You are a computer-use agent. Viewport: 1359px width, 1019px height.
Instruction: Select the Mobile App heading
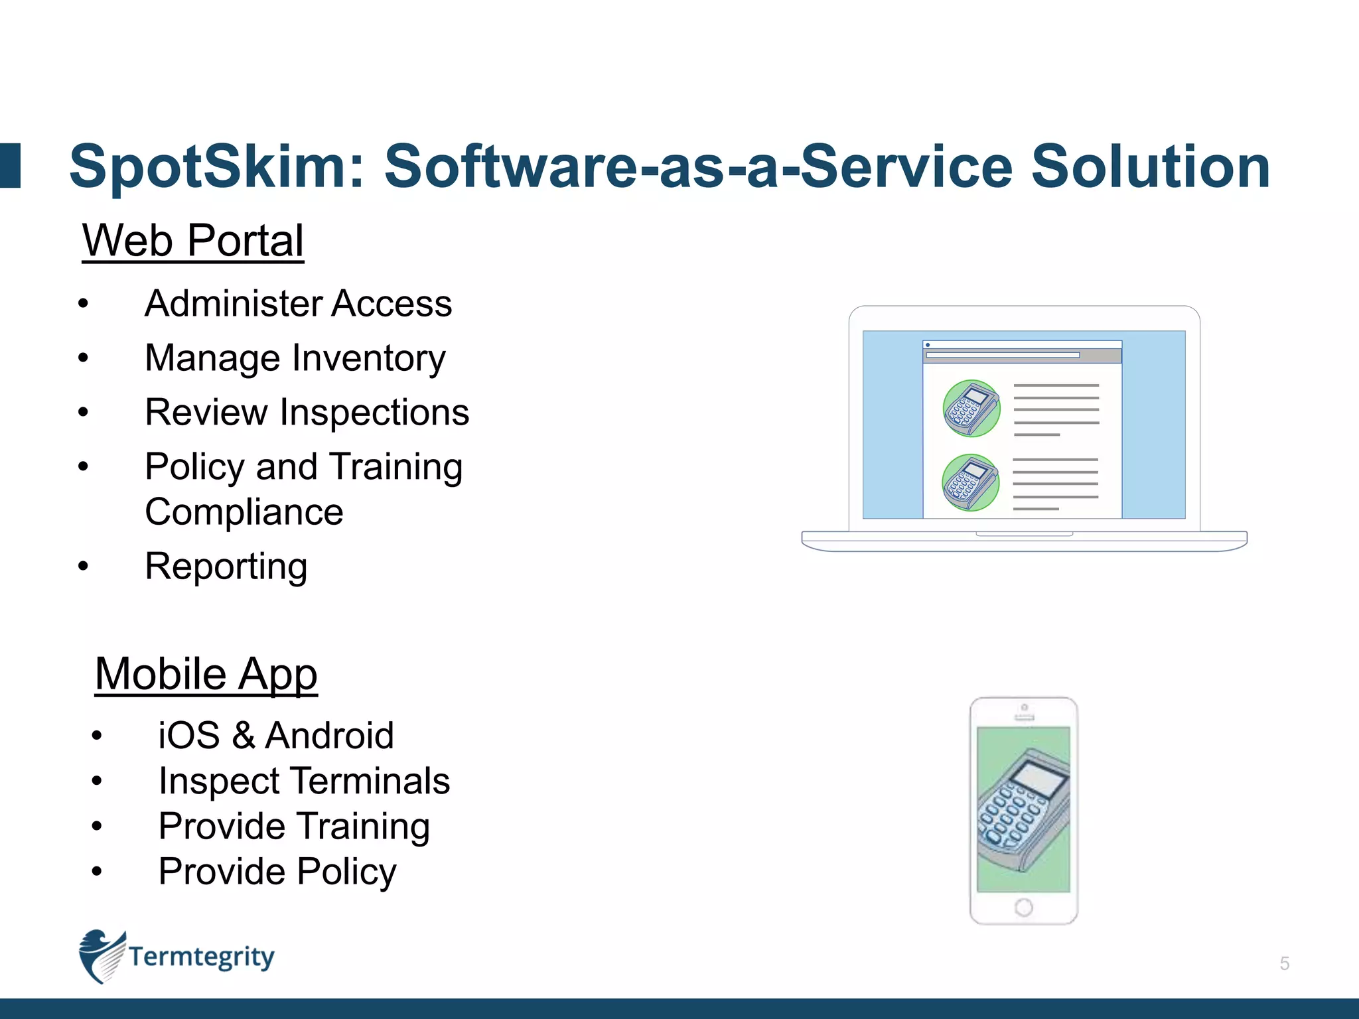206,674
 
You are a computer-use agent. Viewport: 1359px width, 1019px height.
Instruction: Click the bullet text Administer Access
298,304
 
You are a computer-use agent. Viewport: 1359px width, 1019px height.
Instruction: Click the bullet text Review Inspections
307,413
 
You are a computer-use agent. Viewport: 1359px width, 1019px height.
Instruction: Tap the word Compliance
244,512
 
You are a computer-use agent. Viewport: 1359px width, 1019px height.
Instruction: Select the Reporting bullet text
226,567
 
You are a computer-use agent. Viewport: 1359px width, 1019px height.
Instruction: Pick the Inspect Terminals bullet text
304,781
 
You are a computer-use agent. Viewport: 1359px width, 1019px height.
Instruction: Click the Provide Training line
294,827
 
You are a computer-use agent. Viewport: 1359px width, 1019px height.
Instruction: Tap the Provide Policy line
277,872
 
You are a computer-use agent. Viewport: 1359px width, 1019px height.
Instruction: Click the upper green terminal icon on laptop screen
971,408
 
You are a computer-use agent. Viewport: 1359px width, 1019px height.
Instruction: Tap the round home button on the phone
1023,907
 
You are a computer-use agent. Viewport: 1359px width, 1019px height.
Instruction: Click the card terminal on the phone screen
1023,809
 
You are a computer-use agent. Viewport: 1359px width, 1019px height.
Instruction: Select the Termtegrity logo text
201,957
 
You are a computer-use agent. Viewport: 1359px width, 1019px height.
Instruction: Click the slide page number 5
1284,963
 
